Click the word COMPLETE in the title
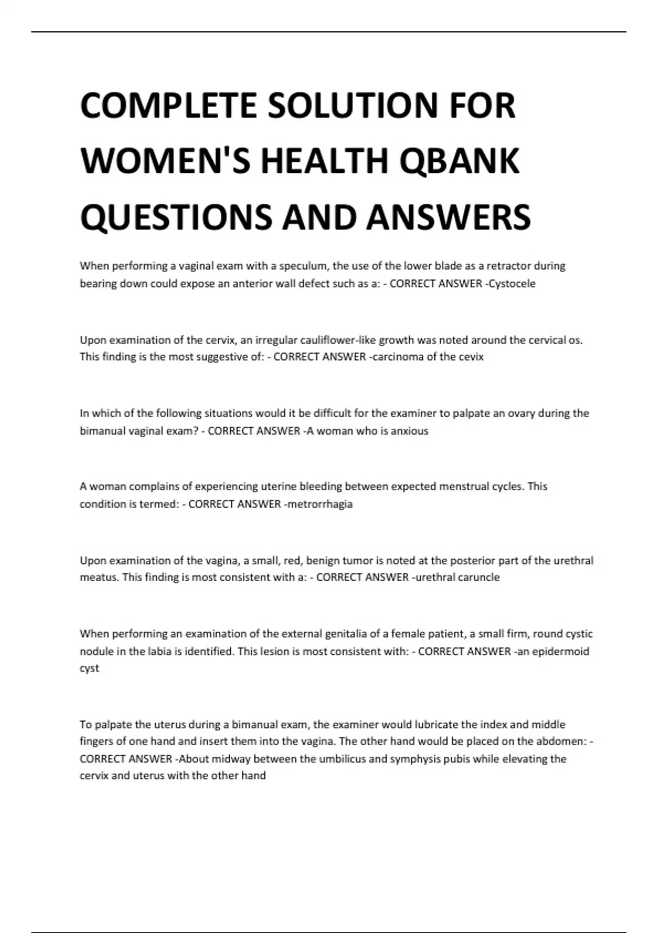(168, 105)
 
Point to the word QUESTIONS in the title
(176, 217)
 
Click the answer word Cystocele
(512, 284)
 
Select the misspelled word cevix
(471, 357)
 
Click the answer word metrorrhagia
(320, 504)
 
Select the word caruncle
(479, 577)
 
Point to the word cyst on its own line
(89, 668)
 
